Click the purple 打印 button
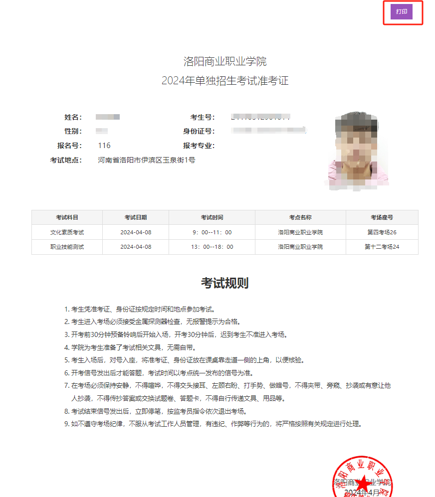click(x=402, y=11)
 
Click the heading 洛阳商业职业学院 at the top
click(x=224, y=62)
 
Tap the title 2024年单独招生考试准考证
click(x=224, y=81)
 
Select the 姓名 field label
click(x=72, y=117)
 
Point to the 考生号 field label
click(x=203, y=117)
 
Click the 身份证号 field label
click(x=199, y=131)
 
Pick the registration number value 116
click(x=104, y=146)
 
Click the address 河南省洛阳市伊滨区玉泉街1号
click(x=146, y=160)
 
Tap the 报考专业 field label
click(x=199, y=146)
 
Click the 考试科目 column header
click(x=67, y=218)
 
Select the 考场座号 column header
click(x=382, y=218)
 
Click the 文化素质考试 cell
click(x=67, y=232)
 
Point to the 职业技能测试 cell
click(x=67, y=247)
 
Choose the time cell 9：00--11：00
click(x=212, y=232)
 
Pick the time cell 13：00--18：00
click(x=212, y=247)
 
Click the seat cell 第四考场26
click(x=382, y=232)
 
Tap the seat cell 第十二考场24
click(x=382, y=247)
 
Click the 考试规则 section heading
click(x=224, y=283)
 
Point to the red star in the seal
click(x=364, y=484)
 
